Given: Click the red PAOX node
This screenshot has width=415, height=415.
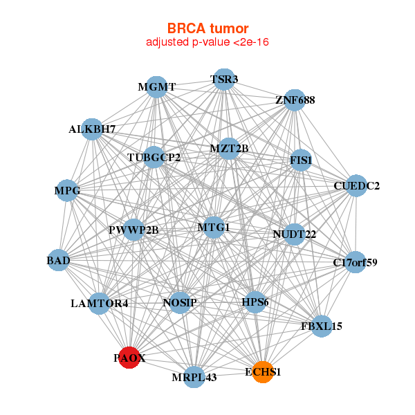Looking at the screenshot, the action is pos(129,358).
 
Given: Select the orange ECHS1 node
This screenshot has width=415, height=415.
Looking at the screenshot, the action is pos(263,371).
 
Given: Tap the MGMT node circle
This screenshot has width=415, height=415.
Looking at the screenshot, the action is pos(157,87).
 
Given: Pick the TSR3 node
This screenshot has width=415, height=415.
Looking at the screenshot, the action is pos(223,80).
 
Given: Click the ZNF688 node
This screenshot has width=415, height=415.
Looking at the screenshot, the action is pos(295,100).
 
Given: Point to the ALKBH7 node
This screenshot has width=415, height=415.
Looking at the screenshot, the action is pos(92,129).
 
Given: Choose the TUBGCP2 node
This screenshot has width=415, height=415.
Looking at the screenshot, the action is pos(154,158).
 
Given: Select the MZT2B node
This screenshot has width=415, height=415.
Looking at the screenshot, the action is pos(229,148).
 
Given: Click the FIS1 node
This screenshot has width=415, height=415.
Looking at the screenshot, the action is pos(301,160).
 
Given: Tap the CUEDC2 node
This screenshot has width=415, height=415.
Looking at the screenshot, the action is pos(356,186).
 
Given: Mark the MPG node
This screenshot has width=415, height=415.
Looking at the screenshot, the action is pos(67,190).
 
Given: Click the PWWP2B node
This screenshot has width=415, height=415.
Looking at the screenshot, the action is pos(133,230).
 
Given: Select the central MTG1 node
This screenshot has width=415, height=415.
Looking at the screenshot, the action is pos(214,227).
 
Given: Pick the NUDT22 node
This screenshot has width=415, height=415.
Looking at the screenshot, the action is pos(294,234).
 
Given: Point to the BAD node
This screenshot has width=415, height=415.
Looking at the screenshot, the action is pos(59,261).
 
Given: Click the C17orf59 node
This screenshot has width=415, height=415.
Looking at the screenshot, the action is pos(355,262).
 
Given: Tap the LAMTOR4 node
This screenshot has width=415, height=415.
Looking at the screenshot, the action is pos(99,303).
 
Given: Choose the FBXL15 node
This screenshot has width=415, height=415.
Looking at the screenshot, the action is pos(322,326).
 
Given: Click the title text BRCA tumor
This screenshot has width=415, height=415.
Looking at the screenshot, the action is pos(207,28).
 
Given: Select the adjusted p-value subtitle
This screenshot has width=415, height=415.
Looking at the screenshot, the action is pos(207,42).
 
